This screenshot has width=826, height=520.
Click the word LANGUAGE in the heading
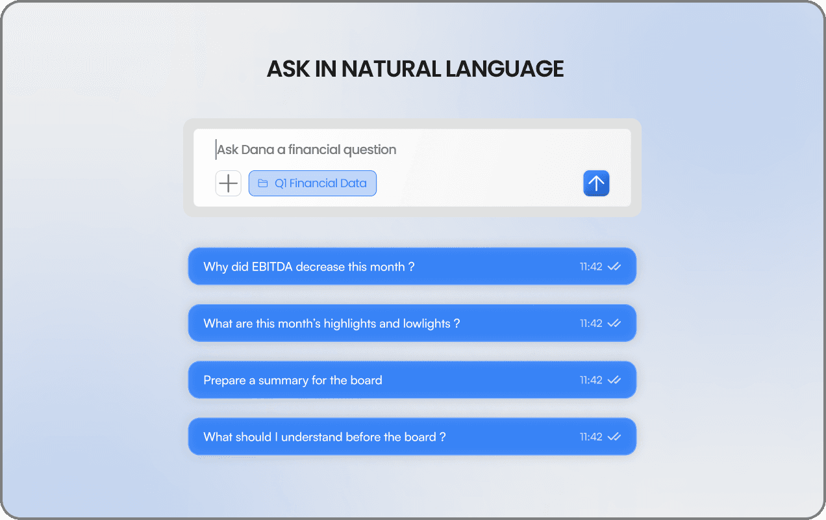pyautogui.click(x=505, y=69)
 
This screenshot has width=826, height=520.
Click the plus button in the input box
pyautogui.click(x=229, y=183)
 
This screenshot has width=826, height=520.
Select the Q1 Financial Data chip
pyautogui.click(x=312, y=183)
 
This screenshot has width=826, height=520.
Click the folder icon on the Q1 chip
pyautogui.click(x=262, y=183)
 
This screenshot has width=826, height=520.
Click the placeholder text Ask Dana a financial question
pyautogui.click(x=307, y=149)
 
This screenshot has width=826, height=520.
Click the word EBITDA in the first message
pyautogui.click(x=272, y=266)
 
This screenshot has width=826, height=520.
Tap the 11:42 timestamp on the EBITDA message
pyautogui.click(x=591, y=266)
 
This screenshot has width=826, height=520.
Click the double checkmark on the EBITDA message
pyautogui.click(x=614, y=266)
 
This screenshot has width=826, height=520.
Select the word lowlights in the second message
pyautogui.click(x=427, y=324)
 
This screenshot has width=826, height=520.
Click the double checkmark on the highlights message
pyautogui.click(x=614, y=323)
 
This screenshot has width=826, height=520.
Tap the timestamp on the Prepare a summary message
pyautogui.click(x=591, y=380)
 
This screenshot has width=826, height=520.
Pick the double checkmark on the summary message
pyautogui.click(x=614, y=380)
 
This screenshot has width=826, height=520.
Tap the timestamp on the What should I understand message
pyautogui.click(x=591, y=437)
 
